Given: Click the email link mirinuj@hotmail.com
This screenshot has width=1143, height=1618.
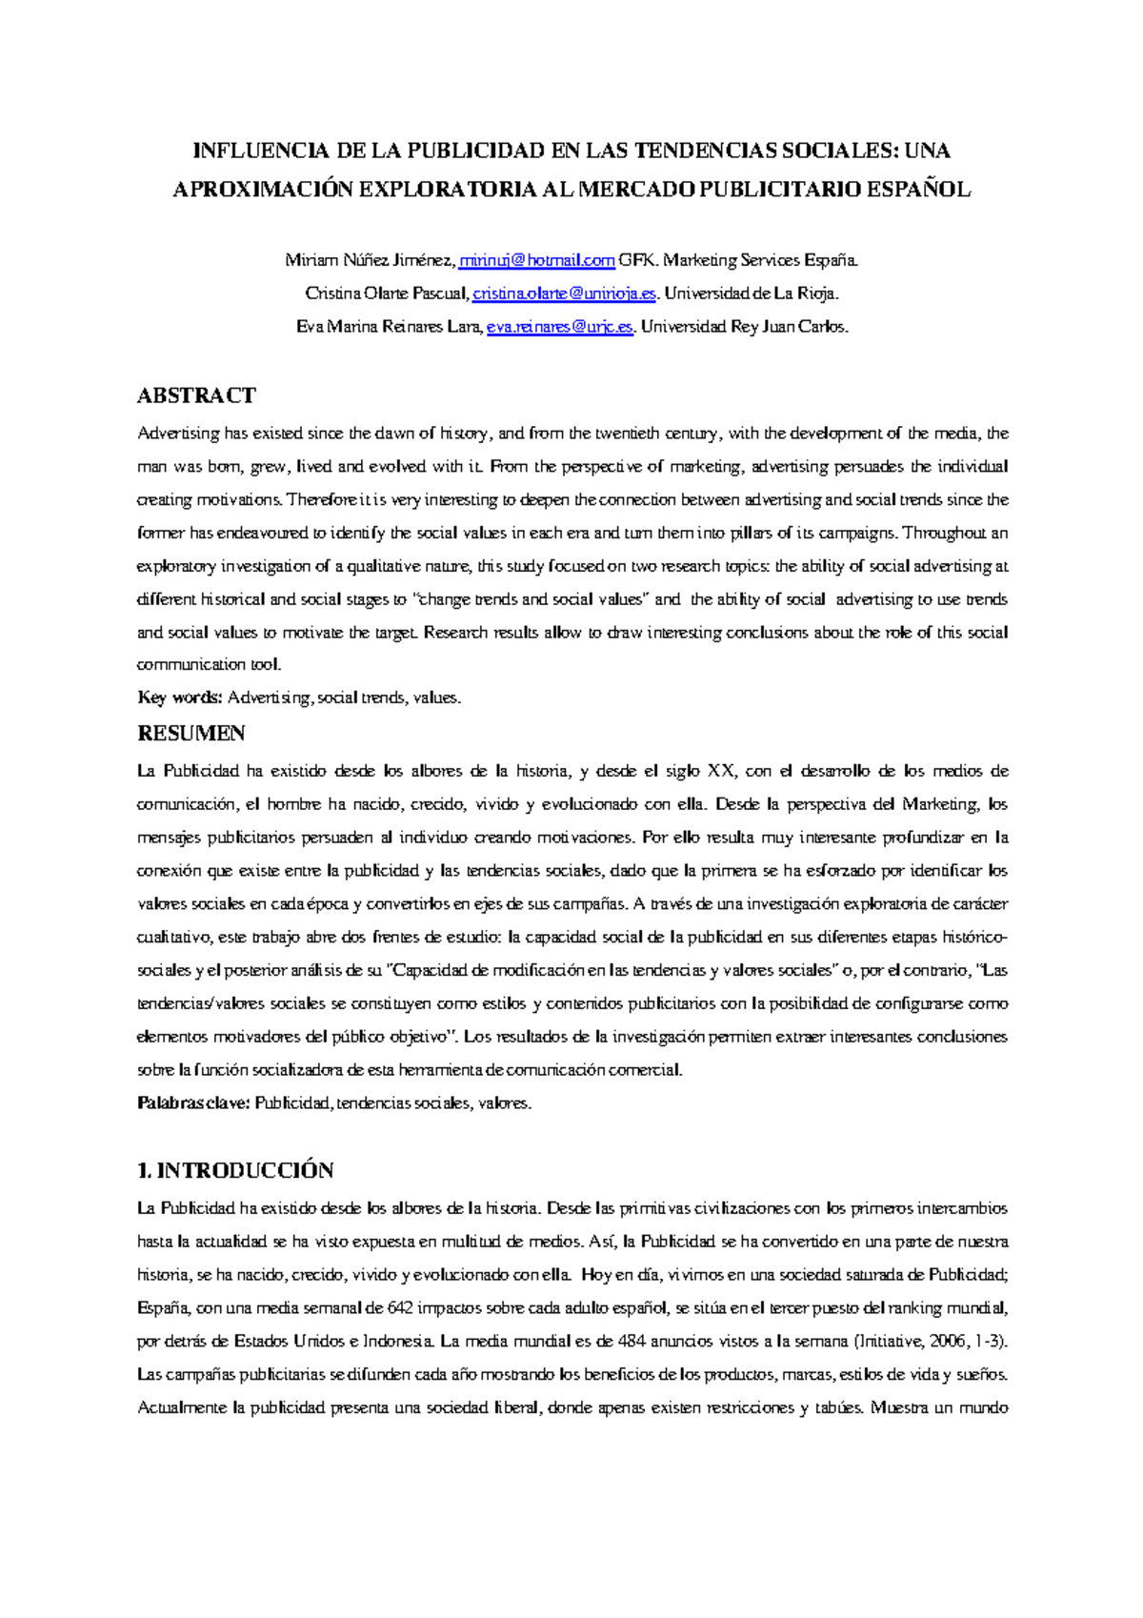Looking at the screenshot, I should coord(537,260).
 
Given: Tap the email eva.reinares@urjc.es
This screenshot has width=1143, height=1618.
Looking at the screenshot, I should coord(560,327).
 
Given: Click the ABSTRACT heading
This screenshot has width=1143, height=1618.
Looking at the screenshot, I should coord(196,395).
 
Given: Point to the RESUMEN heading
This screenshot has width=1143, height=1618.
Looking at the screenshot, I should coord(191,734).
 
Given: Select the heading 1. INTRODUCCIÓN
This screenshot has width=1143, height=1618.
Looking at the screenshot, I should coord(235,1170).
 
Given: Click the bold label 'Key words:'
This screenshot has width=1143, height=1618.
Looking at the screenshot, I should coord(180,698).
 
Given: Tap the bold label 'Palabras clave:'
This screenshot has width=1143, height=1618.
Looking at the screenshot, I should coord(194,1103).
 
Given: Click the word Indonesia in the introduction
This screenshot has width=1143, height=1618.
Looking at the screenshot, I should coord(399,1342).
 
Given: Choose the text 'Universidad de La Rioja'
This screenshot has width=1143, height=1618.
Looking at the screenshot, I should coord(752,293).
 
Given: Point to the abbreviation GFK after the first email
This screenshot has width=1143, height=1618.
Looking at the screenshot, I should coord(637,260).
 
